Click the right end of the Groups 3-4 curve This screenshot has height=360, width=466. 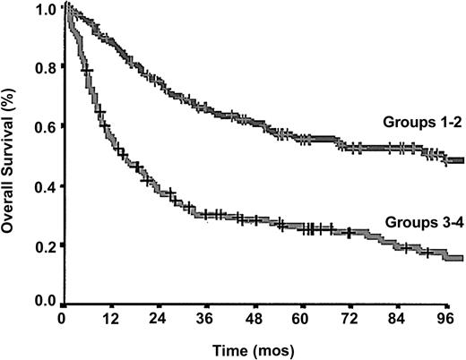462,259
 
